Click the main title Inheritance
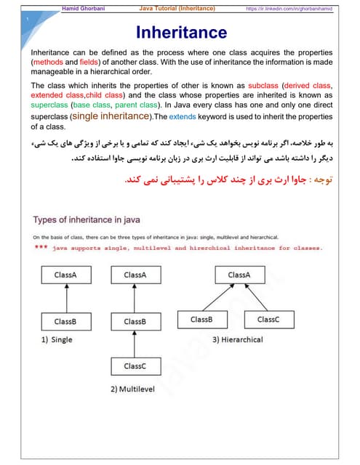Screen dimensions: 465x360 [x=181, y=32]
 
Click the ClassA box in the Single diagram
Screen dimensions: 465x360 [x=64, y=275]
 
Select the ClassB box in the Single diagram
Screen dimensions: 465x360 [x=64, y=320]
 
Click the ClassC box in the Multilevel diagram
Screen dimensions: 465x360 [x=134, y=365]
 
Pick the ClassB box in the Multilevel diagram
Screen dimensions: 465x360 [x=134, y=320]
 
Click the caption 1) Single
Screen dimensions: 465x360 [x=57, y=340]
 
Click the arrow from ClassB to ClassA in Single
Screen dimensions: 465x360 [x=64, y=298]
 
